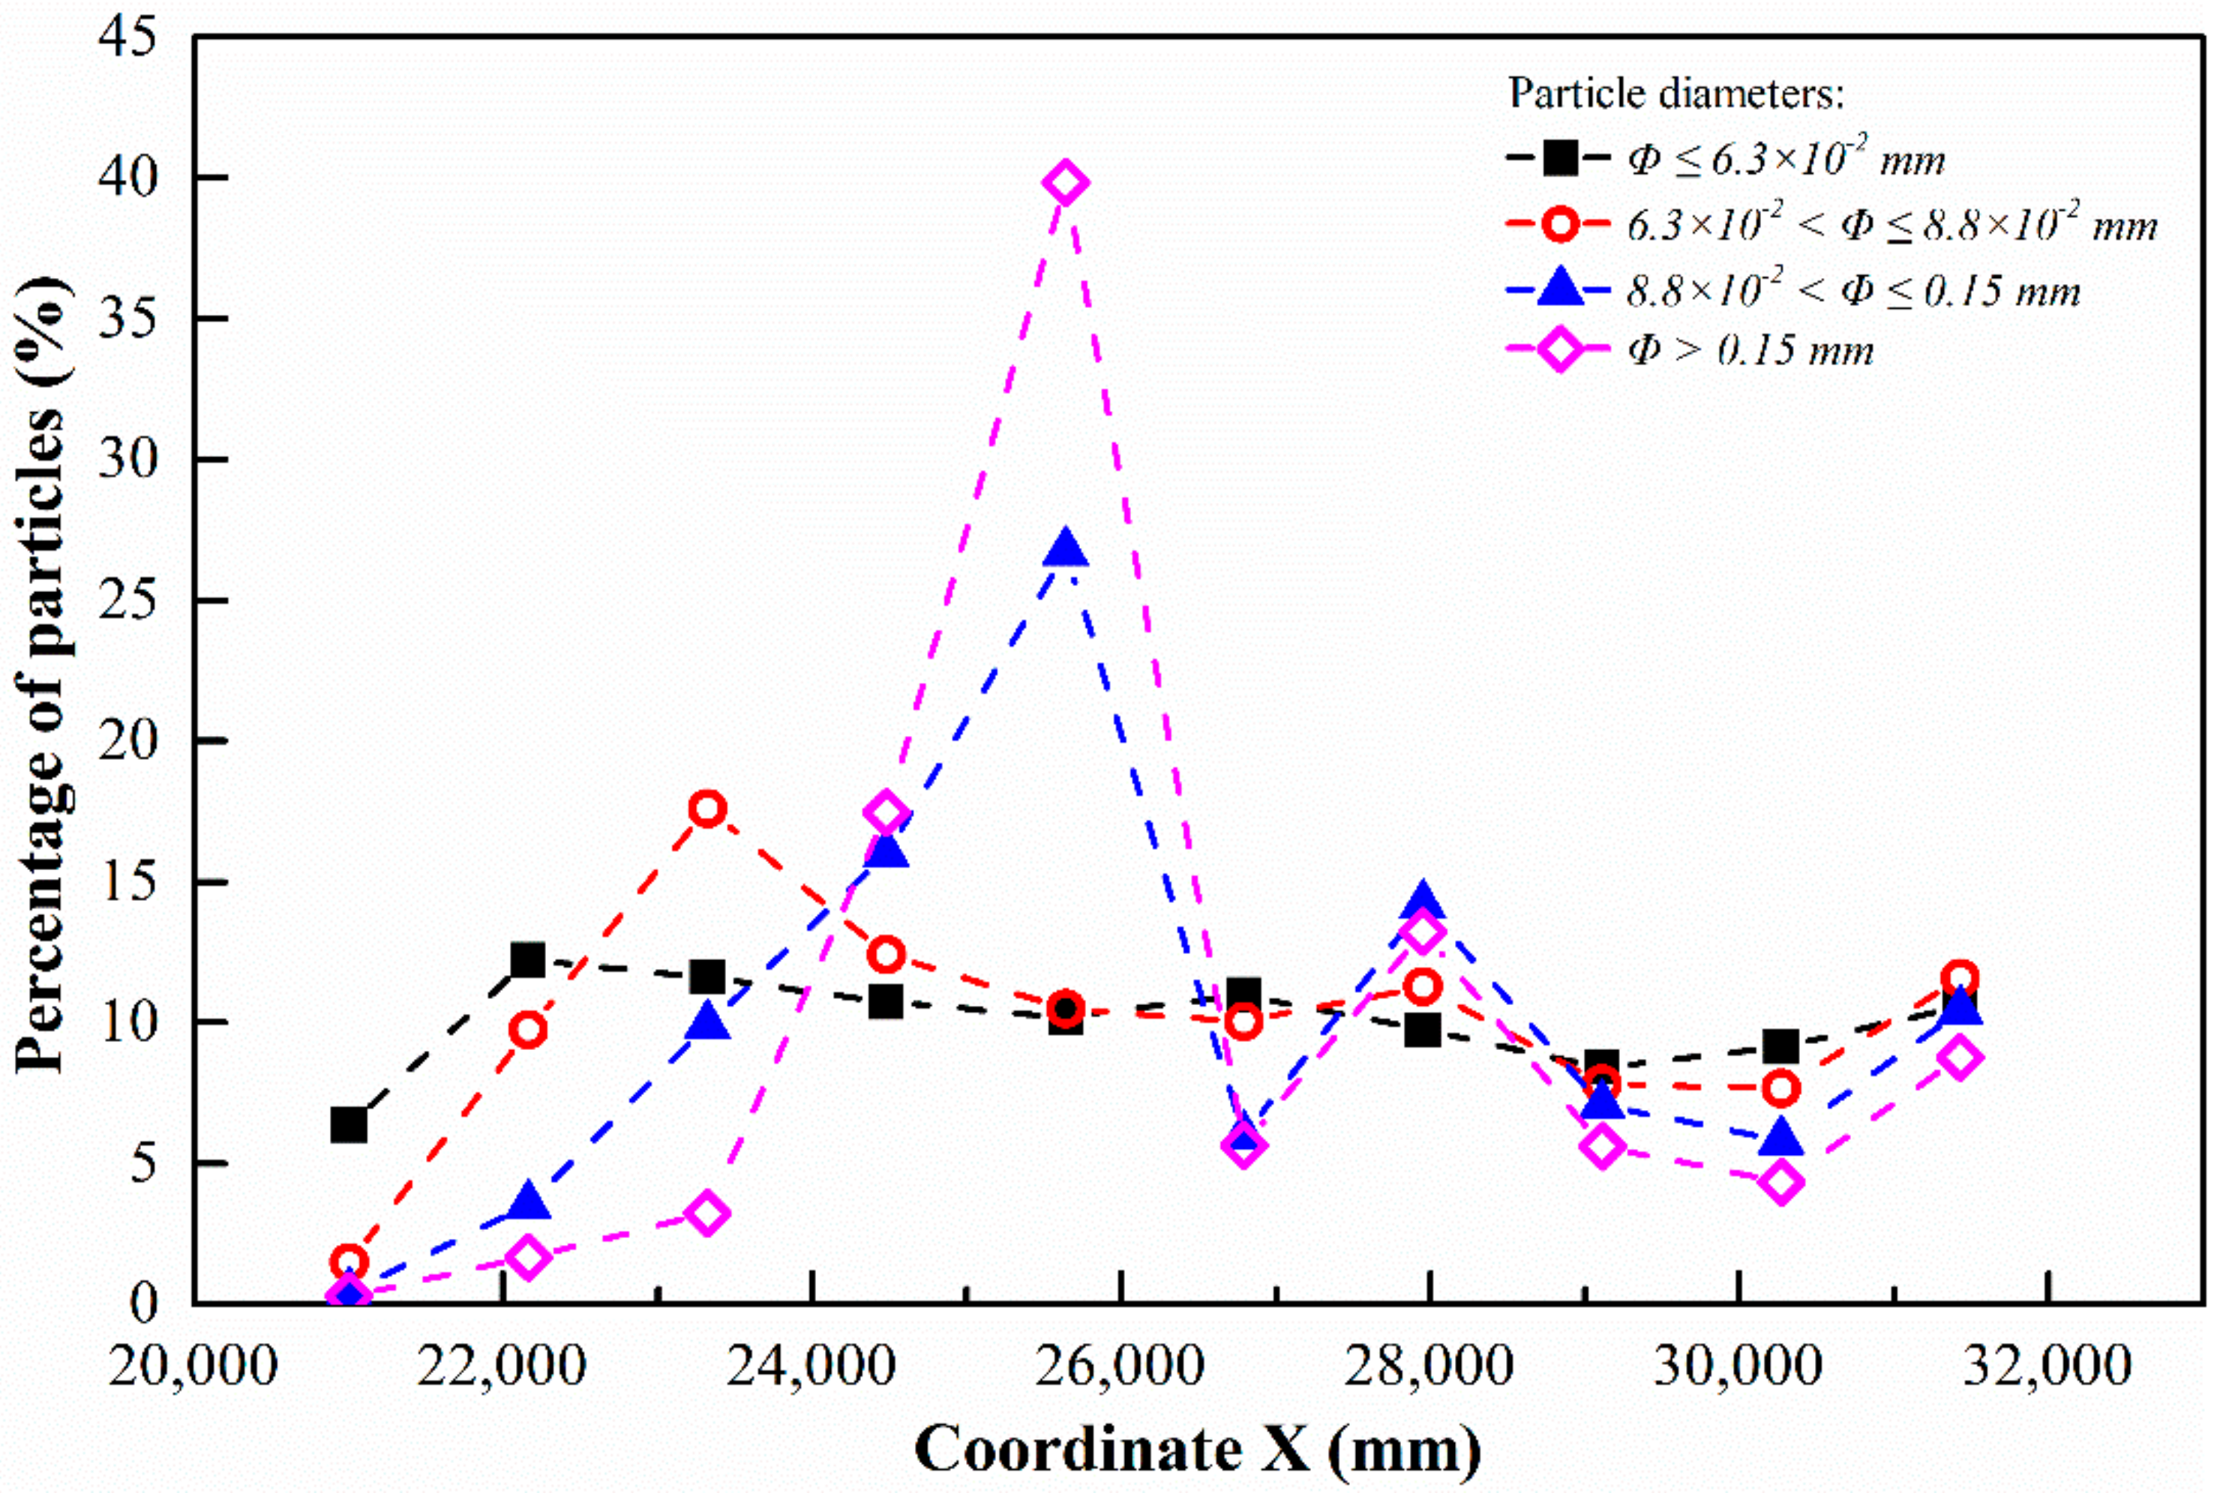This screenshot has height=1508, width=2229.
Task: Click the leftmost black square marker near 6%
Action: pyautogui.click(x=348, y=1124)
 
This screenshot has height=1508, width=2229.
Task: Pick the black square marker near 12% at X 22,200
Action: pyautogui.click(x=527, y=959)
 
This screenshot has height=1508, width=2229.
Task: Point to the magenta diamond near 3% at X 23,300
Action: pyautogui.click(x=706, y=1213)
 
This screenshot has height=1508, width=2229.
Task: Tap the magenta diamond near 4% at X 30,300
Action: pyautogui.click(x=1781, y=1182)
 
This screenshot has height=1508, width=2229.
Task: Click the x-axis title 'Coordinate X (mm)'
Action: pyautogui.click(x=1197, y=1450)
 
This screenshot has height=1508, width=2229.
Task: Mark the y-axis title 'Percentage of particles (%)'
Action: pyautogui.click(x=40, y=671)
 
